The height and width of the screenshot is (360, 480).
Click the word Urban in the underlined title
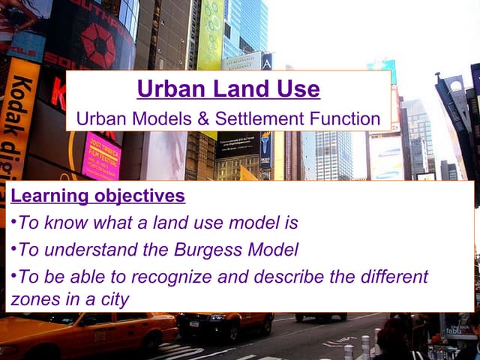coord(169,90)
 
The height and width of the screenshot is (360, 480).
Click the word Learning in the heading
coord(44,197)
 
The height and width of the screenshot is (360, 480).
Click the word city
coord(112,299)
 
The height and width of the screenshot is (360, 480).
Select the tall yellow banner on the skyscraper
coord(209,34)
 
